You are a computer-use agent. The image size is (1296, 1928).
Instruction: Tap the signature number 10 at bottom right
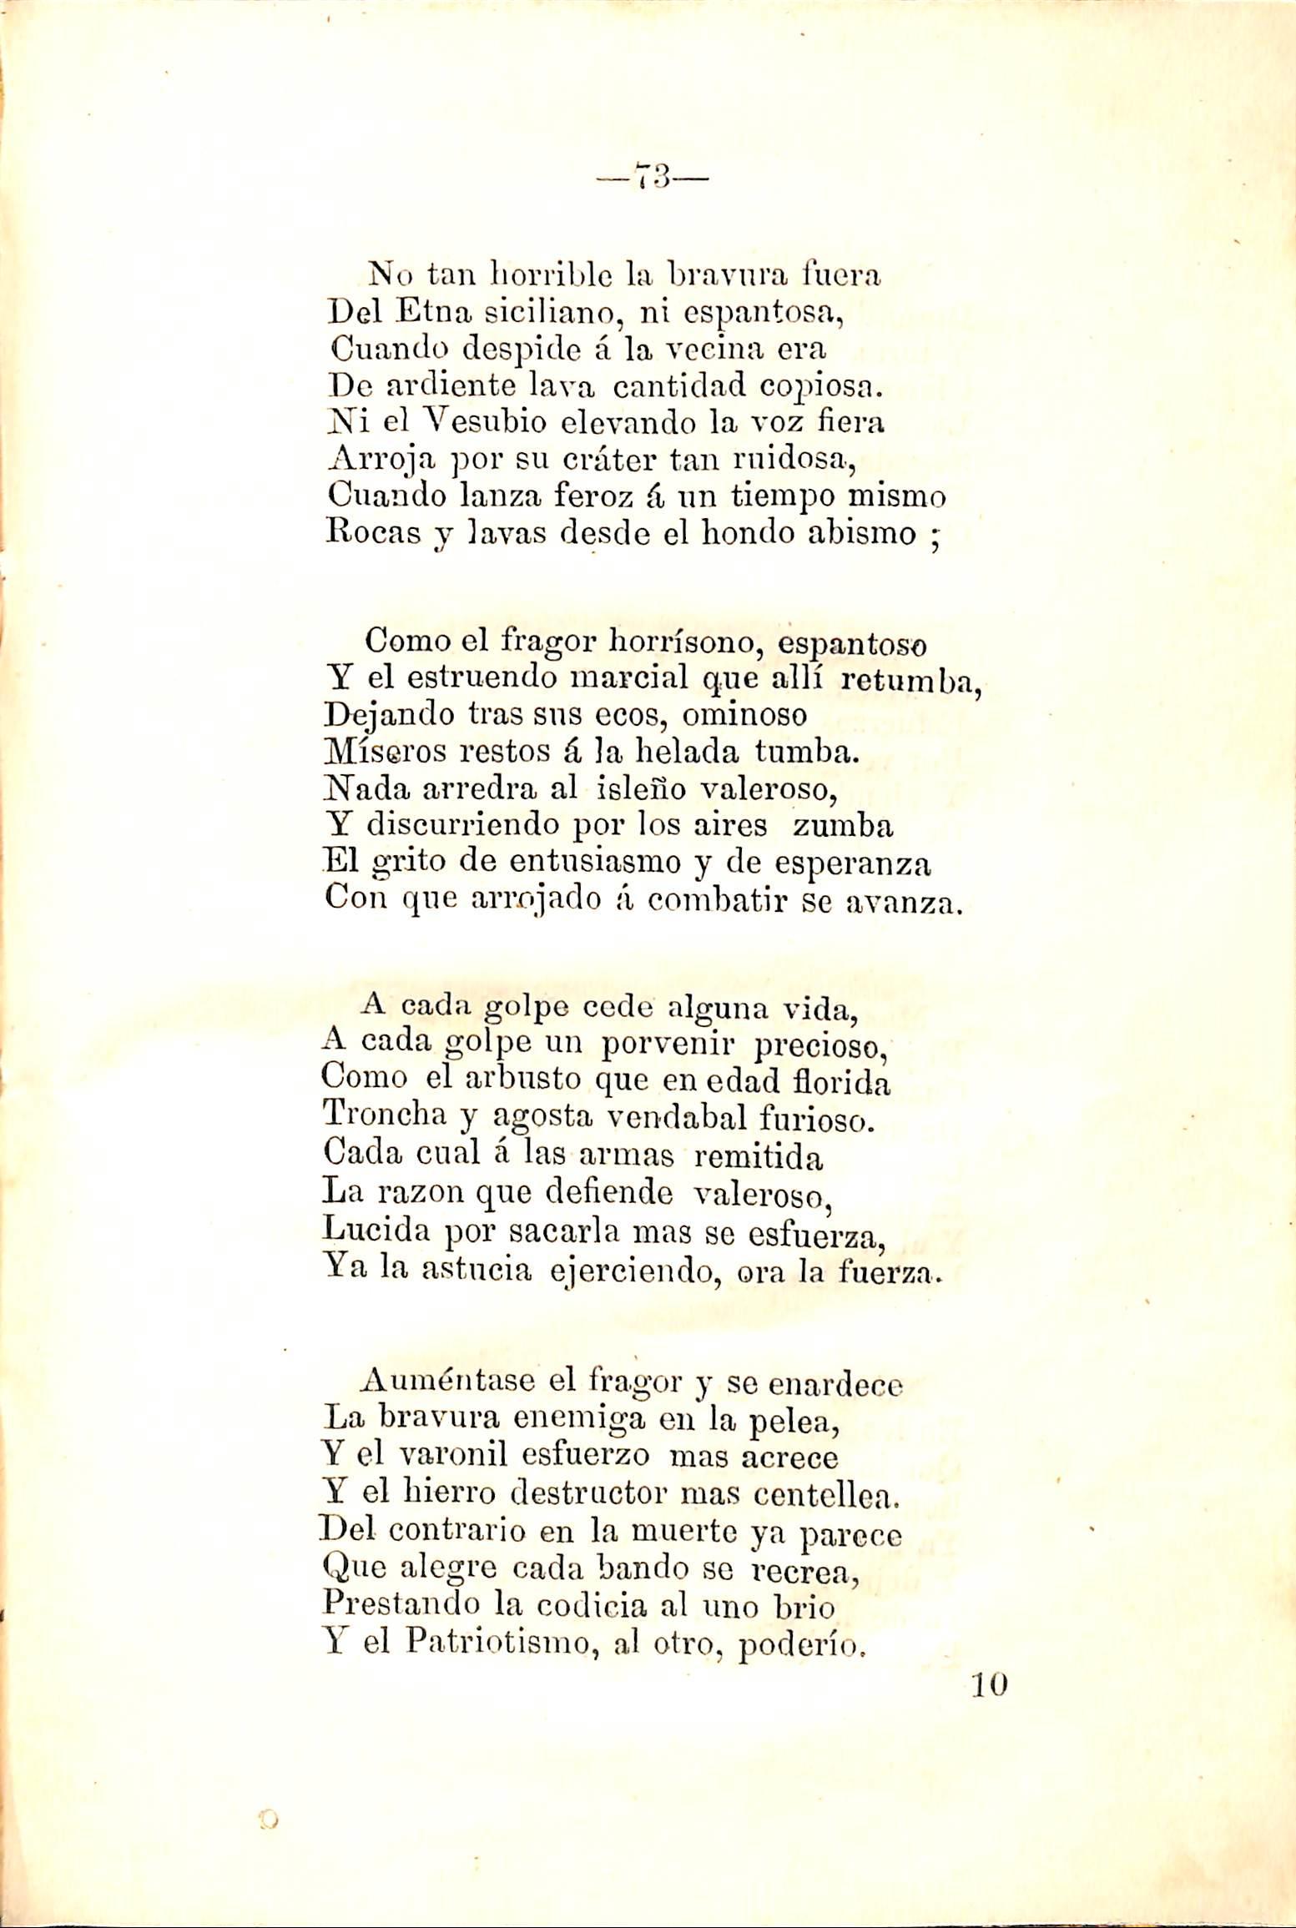pyautogui.click(x=990, y=1684)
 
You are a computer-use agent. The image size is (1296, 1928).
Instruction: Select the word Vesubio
pyautogui.click(x=440, y=422)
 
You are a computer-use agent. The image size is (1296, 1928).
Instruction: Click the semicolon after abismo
pyautogui.click(x=936, y=536)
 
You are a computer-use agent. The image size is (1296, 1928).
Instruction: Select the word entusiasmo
pyautogui.click(x=596, y=862)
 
